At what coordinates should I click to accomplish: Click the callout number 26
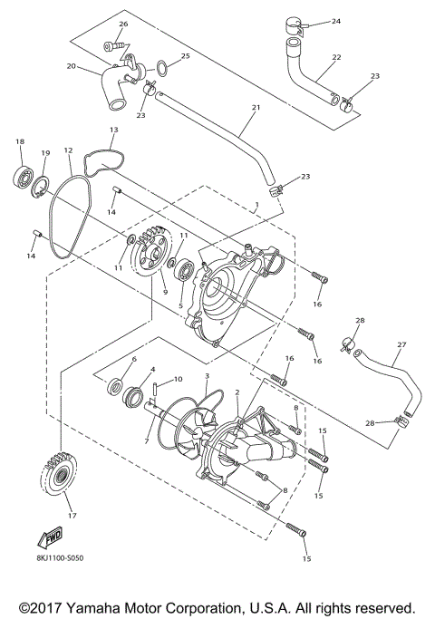coord(123,24)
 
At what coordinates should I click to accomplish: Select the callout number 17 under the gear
coord(61,517)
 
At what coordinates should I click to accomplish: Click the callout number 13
coord(113,131)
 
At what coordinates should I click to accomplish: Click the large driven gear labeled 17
coord(60,478)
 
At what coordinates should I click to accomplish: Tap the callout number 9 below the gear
coord(164,292)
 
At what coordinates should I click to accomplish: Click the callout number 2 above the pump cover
coord(237,392)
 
